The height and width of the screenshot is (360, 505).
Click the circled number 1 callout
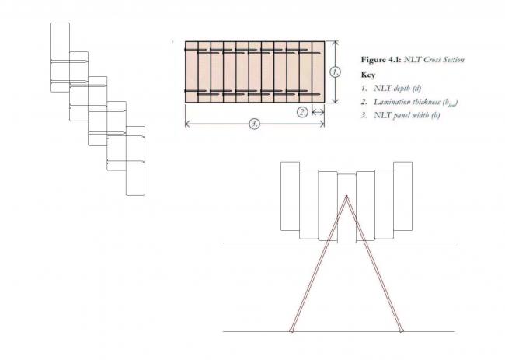[336, 72]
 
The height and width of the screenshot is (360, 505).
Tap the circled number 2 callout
[302, 112]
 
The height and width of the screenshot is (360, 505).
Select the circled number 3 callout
[254, 124]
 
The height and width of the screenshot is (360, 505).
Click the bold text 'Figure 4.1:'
[381, 60]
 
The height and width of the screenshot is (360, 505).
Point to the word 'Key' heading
[368, 75]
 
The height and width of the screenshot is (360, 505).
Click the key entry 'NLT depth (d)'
[398, 89]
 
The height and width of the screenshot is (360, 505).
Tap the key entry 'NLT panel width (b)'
[407, 115]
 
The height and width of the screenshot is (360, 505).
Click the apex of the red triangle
[347, 196]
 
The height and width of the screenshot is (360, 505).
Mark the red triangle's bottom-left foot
[291, 330]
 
